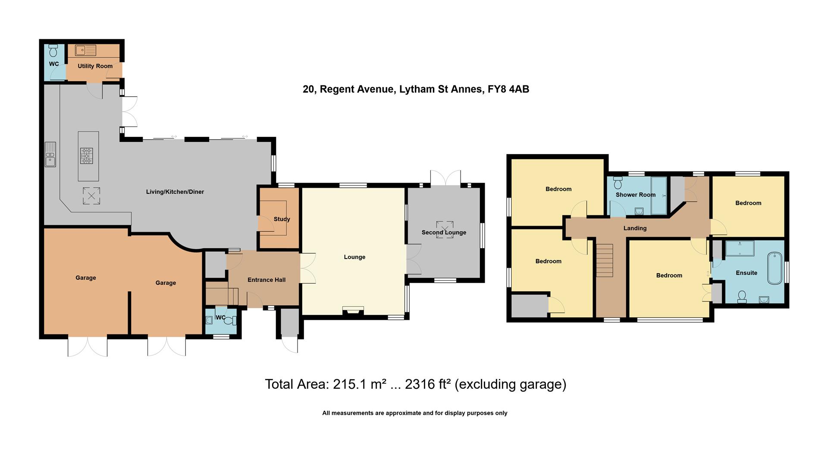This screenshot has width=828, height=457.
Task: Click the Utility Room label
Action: click(95, 66)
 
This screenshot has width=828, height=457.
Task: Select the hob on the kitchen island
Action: click(87, 156)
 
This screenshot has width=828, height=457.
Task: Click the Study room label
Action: click(282, 219)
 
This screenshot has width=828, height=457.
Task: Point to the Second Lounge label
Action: click(444, 233)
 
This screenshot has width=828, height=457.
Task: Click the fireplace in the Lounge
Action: click(353, 310)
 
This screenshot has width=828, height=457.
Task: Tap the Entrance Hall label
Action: click(267, 280)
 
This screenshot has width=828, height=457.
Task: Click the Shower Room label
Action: click(635, 195)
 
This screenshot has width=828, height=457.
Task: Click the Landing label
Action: click(635, 228)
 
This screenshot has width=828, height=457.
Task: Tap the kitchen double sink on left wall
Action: click(50, 154)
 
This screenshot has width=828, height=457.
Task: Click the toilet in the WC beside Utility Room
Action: click(53, 51)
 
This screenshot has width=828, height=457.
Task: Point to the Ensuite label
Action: click(746, 273)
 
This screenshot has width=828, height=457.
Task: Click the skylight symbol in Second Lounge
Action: click(445, 230)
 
